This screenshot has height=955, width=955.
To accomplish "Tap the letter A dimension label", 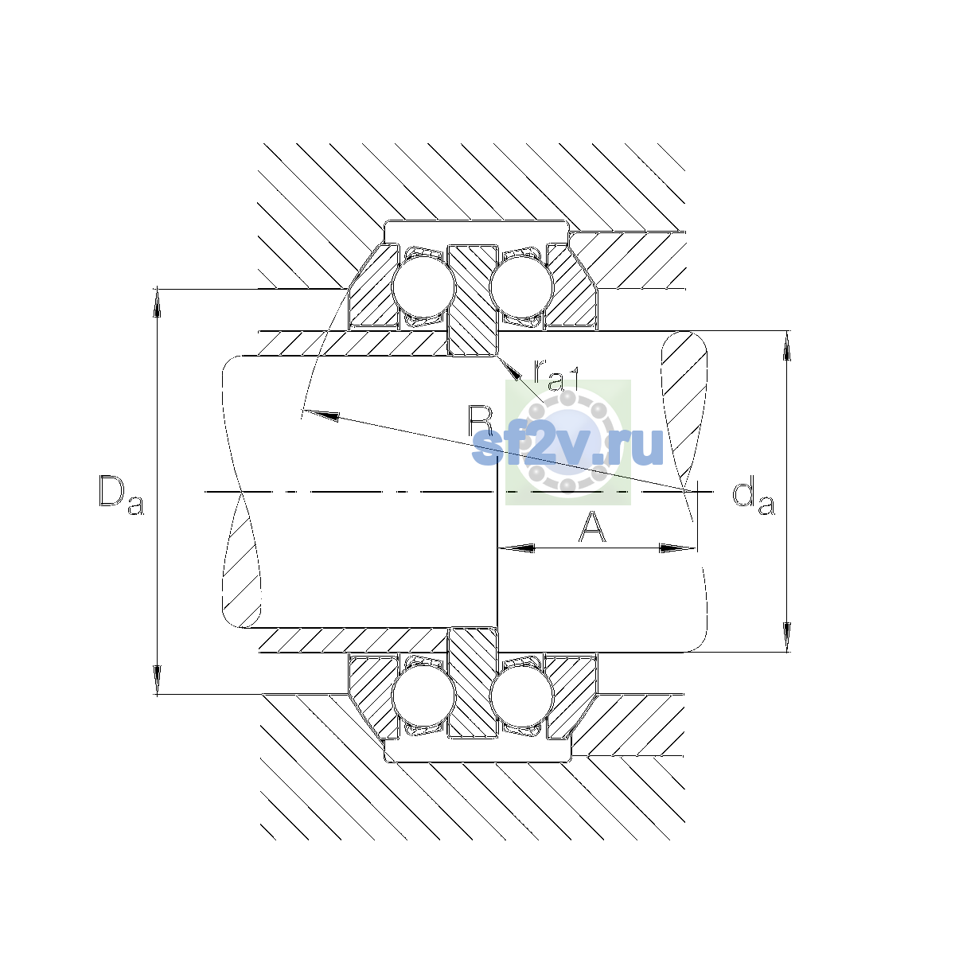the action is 592,526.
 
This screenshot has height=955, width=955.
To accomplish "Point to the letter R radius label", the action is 480,421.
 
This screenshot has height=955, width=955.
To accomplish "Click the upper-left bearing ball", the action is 423,286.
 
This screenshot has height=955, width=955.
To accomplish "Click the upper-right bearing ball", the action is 521,286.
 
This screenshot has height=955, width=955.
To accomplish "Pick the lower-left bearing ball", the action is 423,696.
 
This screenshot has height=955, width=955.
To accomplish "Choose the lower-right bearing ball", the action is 521,696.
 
